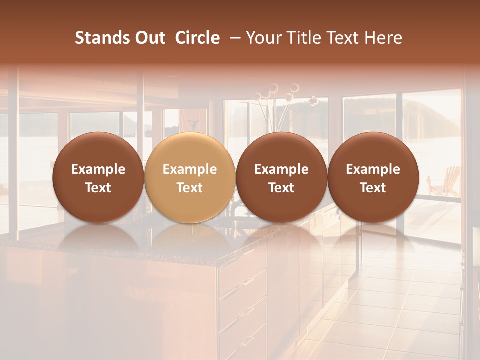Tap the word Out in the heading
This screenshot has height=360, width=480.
(148, 38)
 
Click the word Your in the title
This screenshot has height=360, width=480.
(263, 38)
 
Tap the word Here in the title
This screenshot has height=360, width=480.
(383, 38)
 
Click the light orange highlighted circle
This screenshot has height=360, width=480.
(190, 177)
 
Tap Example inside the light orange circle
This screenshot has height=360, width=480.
(190, 169)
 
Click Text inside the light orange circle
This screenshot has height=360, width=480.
(190, 188)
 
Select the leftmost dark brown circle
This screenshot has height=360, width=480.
(98, 177)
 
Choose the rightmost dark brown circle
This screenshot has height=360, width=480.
(373, 177)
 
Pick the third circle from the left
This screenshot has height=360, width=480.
(281, 177)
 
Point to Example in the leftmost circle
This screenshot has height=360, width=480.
(98, 169)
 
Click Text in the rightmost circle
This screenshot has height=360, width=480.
(373, 188)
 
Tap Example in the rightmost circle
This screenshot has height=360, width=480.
(373, 169)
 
